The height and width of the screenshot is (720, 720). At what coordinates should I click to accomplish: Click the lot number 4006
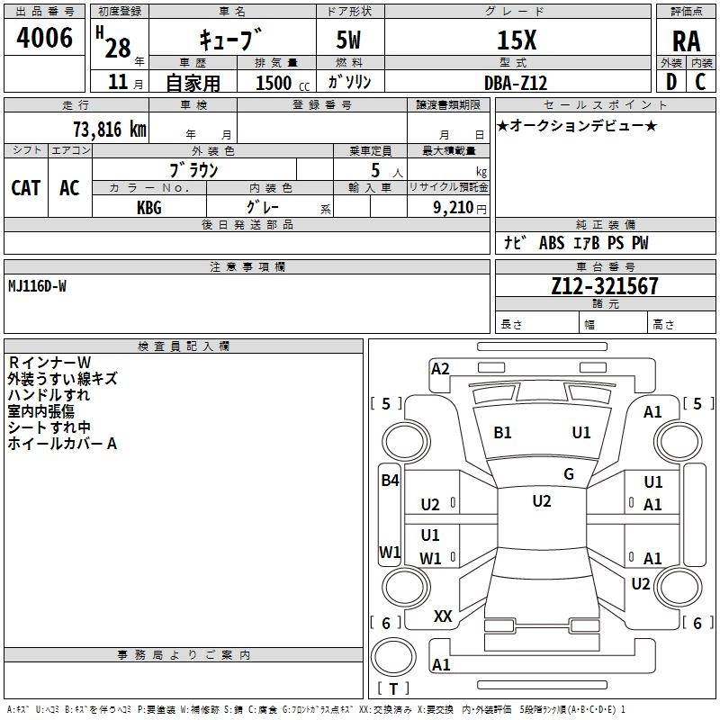pos(44,38)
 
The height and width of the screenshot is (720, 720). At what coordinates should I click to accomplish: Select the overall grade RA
pos(686,41)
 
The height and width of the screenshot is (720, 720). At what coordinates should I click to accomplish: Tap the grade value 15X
pos(517,40)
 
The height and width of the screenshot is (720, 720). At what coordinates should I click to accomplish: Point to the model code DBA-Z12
pos(516,83)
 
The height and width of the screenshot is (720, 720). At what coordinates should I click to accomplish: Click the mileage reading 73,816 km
pos(110,130)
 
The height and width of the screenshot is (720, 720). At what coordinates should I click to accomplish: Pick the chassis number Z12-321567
pos(605,286)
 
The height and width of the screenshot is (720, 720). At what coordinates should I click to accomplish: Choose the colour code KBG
pos(149,208)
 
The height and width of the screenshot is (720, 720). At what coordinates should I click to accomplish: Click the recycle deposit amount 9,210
pos(454,208)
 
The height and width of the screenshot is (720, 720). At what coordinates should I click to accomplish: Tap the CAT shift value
pos(26,188)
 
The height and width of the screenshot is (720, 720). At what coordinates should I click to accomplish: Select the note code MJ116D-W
pos(37,286)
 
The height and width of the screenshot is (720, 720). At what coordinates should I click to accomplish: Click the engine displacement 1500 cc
pos(283,84)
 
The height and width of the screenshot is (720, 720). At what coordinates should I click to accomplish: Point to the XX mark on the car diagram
pos(443,616)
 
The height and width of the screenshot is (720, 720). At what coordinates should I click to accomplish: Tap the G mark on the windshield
pos(569,474)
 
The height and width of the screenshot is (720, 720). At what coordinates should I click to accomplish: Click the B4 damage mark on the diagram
pos(390,481)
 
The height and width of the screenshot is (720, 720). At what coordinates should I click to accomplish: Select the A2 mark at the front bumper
pos(440,369)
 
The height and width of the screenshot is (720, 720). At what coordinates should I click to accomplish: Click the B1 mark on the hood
pos(502,433)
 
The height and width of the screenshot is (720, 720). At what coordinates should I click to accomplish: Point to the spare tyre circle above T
pos(393,657)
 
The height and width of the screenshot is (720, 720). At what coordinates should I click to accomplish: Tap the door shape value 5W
pos(348,40)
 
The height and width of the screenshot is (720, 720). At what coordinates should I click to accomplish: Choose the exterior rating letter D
pos(671,82)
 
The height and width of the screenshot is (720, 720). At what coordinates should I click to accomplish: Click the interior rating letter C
pos(700,82)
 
